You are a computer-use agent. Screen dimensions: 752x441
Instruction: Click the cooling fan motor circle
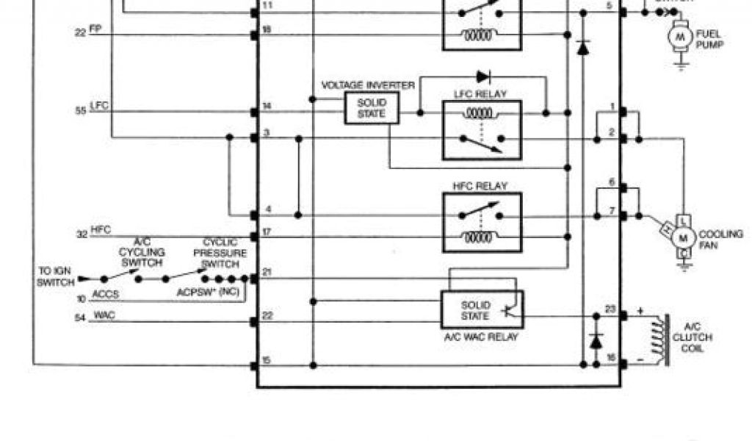(x=684, y=237)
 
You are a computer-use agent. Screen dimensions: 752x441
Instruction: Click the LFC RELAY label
(x=482, y=94)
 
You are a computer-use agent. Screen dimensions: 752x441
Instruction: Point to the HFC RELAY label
(x=482, y=186)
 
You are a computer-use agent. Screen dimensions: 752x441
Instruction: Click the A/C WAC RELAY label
(x=482, y=337)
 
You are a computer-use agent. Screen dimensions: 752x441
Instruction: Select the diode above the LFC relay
(x=482, y=76)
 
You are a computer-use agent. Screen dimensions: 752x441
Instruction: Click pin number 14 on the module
(x=267, y=107)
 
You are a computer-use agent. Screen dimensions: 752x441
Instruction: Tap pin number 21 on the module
(x=267, y=273)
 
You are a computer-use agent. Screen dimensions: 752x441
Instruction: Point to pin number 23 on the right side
(x=610, y=309)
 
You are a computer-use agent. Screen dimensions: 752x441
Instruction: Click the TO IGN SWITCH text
(x=56, y=277)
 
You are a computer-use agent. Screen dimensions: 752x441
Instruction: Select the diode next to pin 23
(x=596, y=341)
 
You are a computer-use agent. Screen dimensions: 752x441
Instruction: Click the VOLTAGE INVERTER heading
(x=368, y=85)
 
